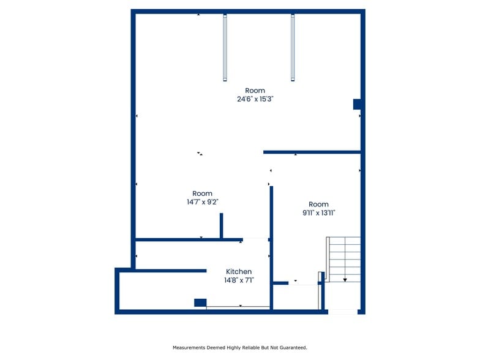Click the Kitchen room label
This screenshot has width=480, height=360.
click(239, 271)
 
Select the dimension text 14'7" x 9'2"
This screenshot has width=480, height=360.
click(202, 201)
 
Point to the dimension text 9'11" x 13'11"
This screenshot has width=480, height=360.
click(318, 212)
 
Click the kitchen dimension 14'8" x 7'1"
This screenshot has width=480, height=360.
click(239, 280)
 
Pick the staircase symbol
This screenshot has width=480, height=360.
click(345, 259)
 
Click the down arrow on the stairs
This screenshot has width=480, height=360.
click(345, 279)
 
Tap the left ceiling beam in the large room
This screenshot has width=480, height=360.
click(225, 48)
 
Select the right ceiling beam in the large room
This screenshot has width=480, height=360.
click(293, 48)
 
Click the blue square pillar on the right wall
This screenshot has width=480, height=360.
click(357, 104)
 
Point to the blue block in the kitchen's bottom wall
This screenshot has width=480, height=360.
click(200, 302)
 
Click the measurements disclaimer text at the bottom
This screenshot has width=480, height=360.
click(239, 347)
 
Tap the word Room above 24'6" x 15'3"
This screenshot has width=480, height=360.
click(255, 91)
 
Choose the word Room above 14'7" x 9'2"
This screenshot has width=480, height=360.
click(202, 193)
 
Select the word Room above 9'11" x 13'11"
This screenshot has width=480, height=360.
click(318, 204)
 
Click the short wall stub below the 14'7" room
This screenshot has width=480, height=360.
click(221, 225)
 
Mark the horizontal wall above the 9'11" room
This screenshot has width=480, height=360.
click(312, 151)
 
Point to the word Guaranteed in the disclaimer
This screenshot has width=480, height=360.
click(292, 347)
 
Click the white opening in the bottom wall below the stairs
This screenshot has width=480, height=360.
click(343, 312)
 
